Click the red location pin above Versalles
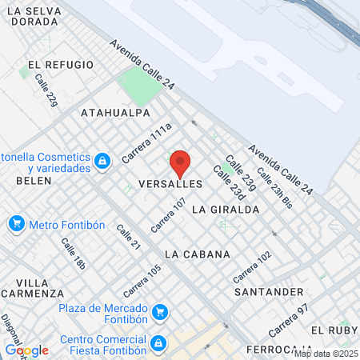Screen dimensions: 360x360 (x=180, y=163)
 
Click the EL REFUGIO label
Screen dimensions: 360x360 (x=55, y=65)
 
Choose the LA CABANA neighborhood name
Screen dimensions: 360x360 (x=197, y=254)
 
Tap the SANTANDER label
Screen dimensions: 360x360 (x=270, y=292)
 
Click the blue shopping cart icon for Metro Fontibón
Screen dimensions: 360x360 (x=16, y=224)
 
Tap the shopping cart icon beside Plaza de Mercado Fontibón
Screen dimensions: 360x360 (x=160, y=310)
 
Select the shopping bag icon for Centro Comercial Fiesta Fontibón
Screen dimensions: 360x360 (x=159, y=342)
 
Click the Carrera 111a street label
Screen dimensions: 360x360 (x=147, y=143)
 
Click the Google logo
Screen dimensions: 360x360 (x=26, y=350)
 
